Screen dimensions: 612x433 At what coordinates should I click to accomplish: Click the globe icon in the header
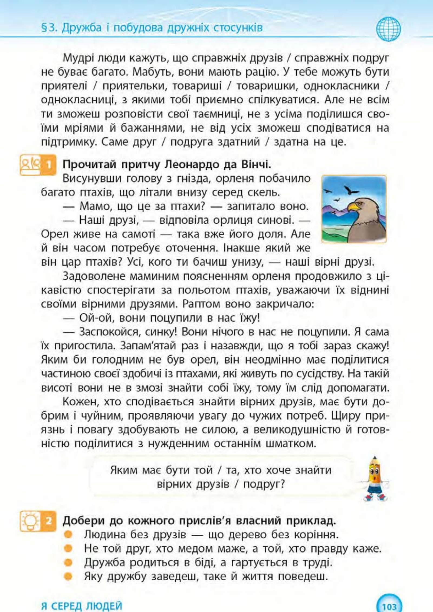pos(388,29)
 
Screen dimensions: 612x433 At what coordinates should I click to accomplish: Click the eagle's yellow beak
pos(354,207)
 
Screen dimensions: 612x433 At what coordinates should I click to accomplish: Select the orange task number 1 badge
pos(38,165)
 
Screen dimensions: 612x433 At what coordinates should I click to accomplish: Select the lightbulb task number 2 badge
pos(38,521)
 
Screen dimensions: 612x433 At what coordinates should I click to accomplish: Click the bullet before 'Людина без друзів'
pos(68,534)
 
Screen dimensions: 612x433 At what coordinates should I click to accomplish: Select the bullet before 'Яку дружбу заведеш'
pos(68,576)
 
